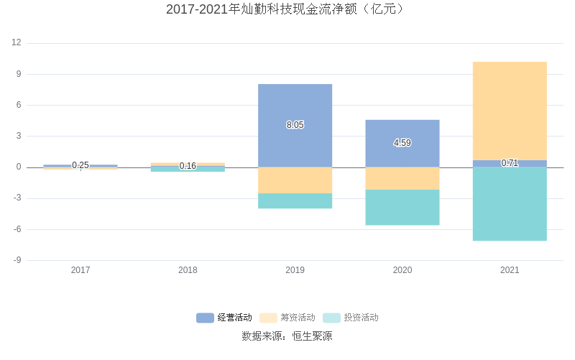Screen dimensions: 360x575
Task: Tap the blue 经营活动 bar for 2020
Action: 402,129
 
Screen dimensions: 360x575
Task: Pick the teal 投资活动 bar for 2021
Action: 510,204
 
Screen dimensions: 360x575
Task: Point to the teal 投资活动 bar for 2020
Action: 402,208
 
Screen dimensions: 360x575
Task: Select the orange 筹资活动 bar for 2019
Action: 295,180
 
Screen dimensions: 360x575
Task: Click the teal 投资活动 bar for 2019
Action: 295,201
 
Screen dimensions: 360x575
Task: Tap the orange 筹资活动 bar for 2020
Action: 402,178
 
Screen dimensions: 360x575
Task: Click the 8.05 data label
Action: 295,125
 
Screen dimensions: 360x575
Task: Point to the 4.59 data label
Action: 402,143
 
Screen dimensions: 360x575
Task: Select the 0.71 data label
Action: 510,163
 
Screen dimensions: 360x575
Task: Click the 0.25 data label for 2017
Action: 80,165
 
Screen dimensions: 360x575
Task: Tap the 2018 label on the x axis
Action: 188,270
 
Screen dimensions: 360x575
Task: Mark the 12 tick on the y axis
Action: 17,43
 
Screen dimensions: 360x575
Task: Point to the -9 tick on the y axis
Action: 17,260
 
